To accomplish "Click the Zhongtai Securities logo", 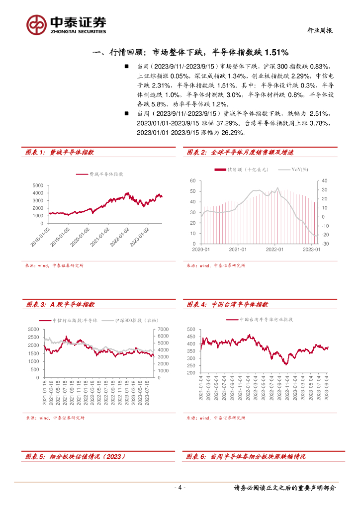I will pos(66,24).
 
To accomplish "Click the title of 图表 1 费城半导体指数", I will pos(59,153).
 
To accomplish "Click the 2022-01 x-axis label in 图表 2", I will pos(274,249).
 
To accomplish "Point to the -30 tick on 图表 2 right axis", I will pos(325,244).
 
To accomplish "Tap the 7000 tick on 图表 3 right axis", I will pos(164,330).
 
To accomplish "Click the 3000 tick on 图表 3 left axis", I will pos(33,330).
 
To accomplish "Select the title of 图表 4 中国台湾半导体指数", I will pos(228,304).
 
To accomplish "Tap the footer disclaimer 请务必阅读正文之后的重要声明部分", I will pos(285,488).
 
